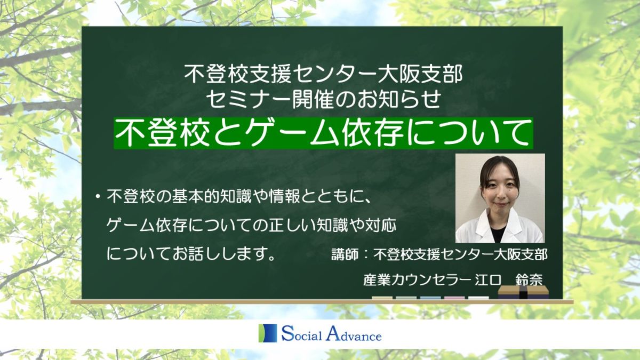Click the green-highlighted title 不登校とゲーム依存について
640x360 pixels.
tap(323, 133)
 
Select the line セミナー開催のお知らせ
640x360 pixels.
tap(323, 99)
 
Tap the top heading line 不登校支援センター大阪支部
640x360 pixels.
tap(323, 74)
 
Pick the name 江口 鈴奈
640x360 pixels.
tap(509, 280)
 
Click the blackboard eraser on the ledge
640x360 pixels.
tap(523, 292)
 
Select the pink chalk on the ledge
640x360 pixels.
tap(454, 298)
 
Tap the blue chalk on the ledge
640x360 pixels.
tap(430, 298)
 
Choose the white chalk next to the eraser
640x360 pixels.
tap(478, 298)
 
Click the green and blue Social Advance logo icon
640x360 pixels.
tap(268, 333)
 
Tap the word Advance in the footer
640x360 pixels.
tap(354, 334)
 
